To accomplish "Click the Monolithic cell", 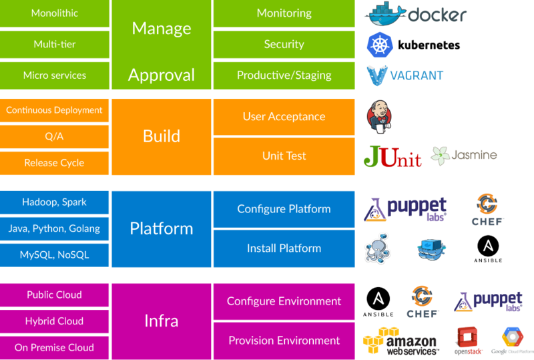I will pos(54,13).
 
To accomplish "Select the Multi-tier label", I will pos(54,44).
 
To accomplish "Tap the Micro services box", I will pos(54,75).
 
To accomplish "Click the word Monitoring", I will pos(284,13).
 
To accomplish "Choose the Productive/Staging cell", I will pos(284,75).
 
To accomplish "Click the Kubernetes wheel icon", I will pos(380,44).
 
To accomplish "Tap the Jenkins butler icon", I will pos(378,116).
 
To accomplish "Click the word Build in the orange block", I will pos(161,136).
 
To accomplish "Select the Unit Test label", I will pos(284,156).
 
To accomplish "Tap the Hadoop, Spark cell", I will pos(54,202).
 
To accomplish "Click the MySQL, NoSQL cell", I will pos(54,254).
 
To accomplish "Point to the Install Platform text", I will pos(284,248).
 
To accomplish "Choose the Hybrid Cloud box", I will pos(54,321).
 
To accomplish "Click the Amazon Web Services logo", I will pos(400,341).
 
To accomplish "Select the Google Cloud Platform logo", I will pos(513,340).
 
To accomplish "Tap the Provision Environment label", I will pos(284,341).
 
